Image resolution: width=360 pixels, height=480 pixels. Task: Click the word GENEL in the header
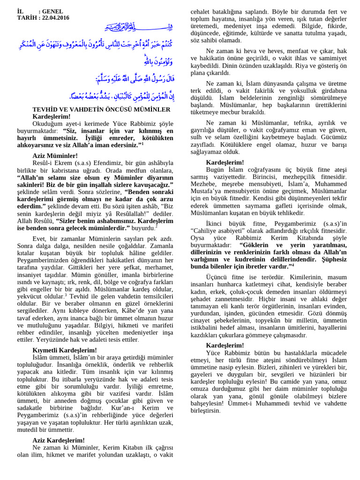(x=52, y=11)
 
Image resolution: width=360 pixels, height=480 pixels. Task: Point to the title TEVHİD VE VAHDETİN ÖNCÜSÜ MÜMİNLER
(x=101, y=109)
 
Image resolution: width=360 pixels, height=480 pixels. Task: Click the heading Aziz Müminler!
(x=52, y=155)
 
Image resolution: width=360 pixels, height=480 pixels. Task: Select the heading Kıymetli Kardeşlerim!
(x=65, y=350)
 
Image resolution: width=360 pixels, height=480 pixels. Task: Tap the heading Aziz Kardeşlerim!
(x=59, y=440)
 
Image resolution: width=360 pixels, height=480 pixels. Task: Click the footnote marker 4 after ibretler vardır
(x=293, y=265)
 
